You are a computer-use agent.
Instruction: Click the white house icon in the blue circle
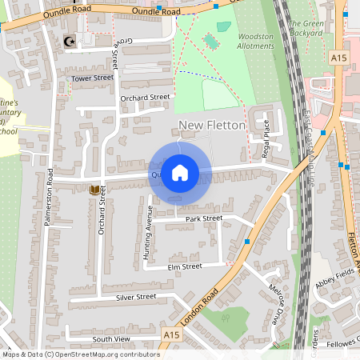click(x=180, y=173)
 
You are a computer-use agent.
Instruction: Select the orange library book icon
click(x=94, y=190)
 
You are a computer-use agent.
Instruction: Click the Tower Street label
click(x=93, y=78)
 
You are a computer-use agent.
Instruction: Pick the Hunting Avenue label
click(x=148, y=232)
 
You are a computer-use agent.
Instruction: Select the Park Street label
click(x=202, y=218)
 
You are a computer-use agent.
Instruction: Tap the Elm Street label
click(x=184, y=266)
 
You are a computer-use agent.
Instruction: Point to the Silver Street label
click(x=136, y=297)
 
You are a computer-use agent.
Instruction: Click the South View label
click(x=110, y=339)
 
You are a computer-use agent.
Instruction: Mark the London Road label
click(x=199, y=303)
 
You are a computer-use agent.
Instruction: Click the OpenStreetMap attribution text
click(x=80, y=354)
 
